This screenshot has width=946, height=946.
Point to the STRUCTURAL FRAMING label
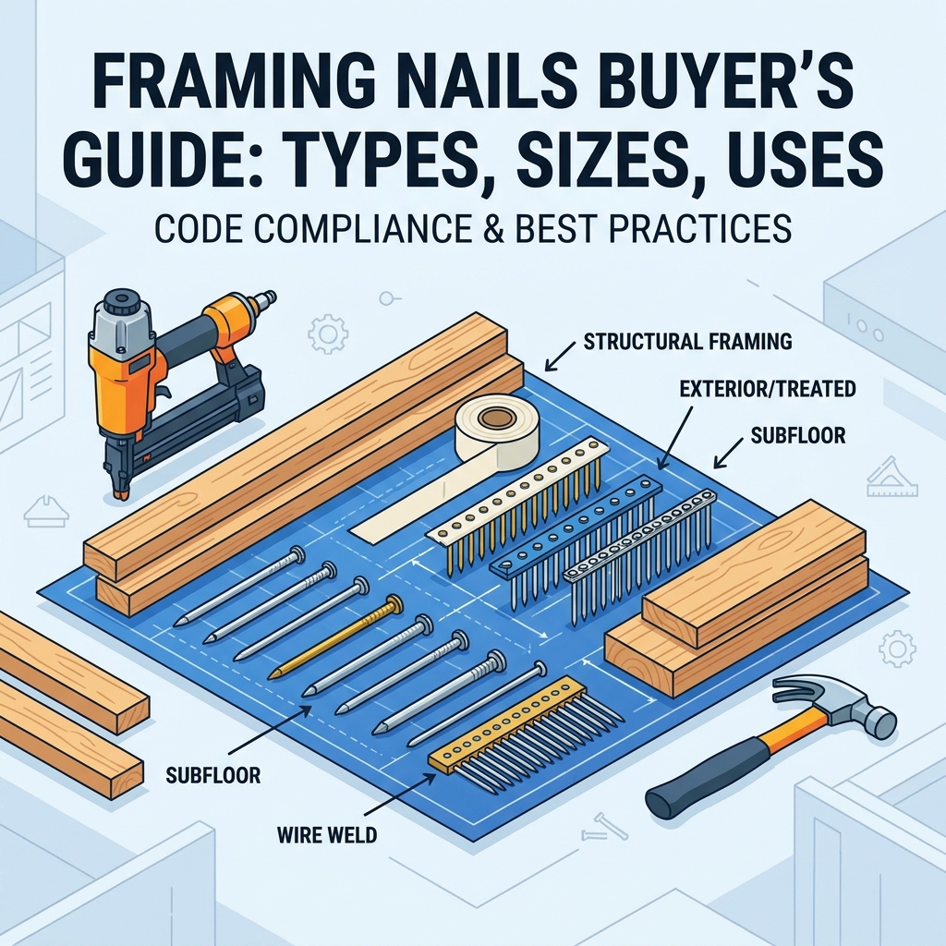tap(687, 343)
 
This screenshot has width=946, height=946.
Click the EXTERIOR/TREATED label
tap(768, 389)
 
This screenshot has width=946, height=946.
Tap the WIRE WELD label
tap(326, 834)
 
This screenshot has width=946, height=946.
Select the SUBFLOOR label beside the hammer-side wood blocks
tap(797, 435)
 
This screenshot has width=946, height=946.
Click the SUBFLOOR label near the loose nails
tap(213, 775)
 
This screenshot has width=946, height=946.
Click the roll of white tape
tap(492, 431)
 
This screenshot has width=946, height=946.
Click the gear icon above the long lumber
tap(327, 332)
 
